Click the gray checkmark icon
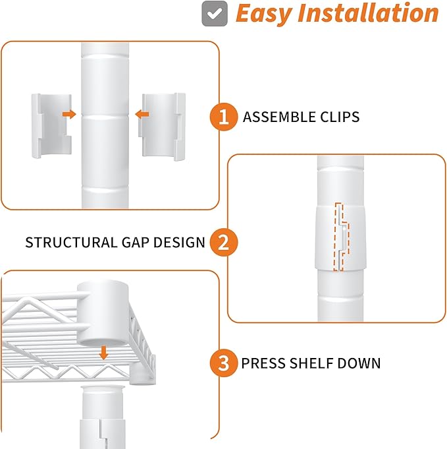pos(215,13)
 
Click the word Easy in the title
pos(263,13)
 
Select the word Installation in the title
pos(368,13)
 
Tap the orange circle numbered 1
pos(224,117)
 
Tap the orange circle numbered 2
pos(224,242)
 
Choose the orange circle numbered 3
pos(224,363)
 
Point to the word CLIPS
pos(340,117)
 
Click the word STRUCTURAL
pos(71,243)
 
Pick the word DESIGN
pos(179,243)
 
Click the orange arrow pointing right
pos(69,114)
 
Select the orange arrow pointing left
pos(142,115)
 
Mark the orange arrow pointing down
pos(103,353)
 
